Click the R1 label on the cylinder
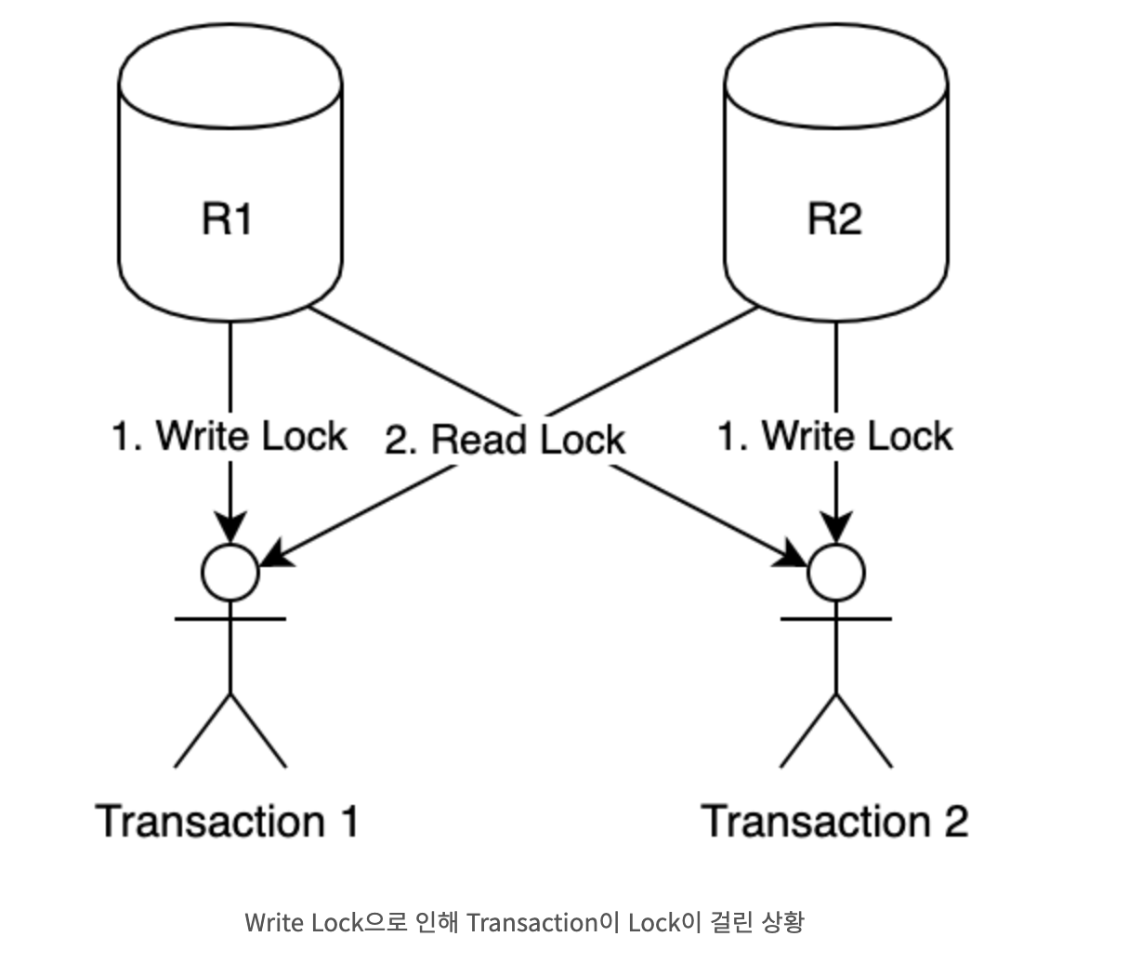[x=228, y=219]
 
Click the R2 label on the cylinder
[x=834, y=219]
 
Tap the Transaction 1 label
[x=227, y=822]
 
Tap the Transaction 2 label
[x=834, y=822]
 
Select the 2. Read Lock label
[x=505, y=440]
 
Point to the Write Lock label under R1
[x=229, y=436]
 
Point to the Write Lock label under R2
[x=834, y=436]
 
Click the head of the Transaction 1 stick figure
[x=230, y=572]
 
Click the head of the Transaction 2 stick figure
[x=836, y=572]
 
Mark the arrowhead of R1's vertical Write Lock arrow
[x=230, y=528]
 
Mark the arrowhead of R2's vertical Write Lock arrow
[x=836, y=528]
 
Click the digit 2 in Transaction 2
[x=954, y=822]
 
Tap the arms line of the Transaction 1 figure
[x=230, y=618]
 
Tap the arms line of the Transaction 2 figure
[x=836, y=618]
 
